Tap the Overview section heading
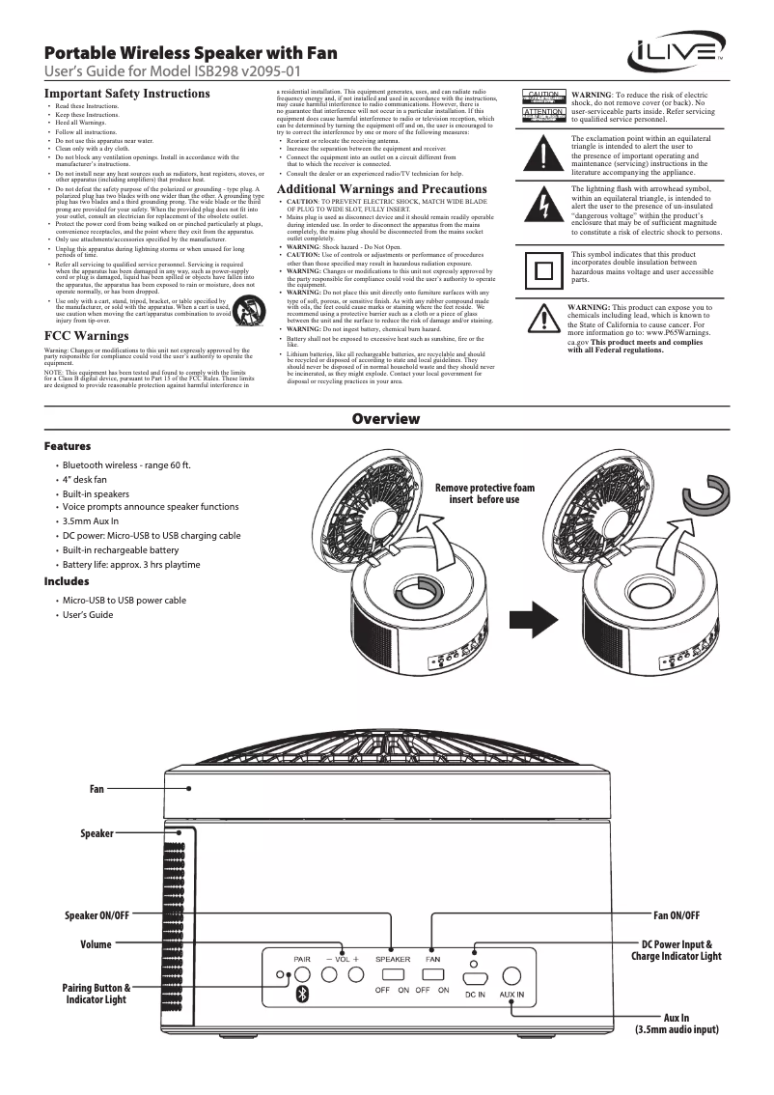386,418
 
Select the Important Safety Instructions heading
127,94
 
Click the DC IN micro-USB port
475,976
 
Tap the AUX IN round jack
511,976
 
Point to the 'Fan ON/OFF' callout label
677,914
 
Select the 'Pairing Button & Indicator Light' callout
95,994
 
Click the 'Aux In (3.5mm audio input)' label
677,1025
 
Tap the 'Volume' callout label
96,944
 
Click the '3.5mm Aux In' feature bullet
94,520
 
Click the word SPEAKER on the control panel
393,959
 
